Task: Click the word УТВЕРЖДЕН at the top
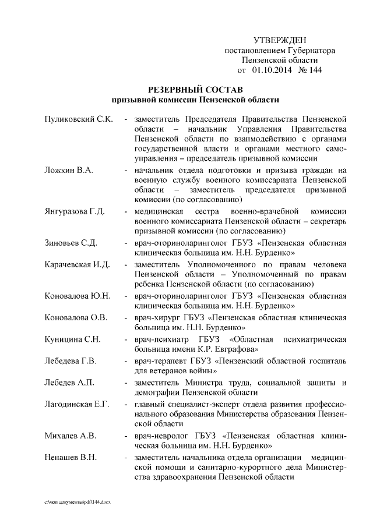point(280,40)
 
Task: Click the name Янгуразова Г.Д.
point(75,210)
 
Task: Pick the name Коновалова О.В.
point(76,317)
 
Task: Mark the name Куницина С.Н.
point(73,339)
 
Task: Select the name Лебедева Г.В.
point(71,360)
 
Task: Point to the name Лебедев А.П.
point(69,383)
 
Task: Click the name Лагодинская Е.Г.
point(77,404)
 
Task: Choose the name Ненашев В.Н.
point(71,457)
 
